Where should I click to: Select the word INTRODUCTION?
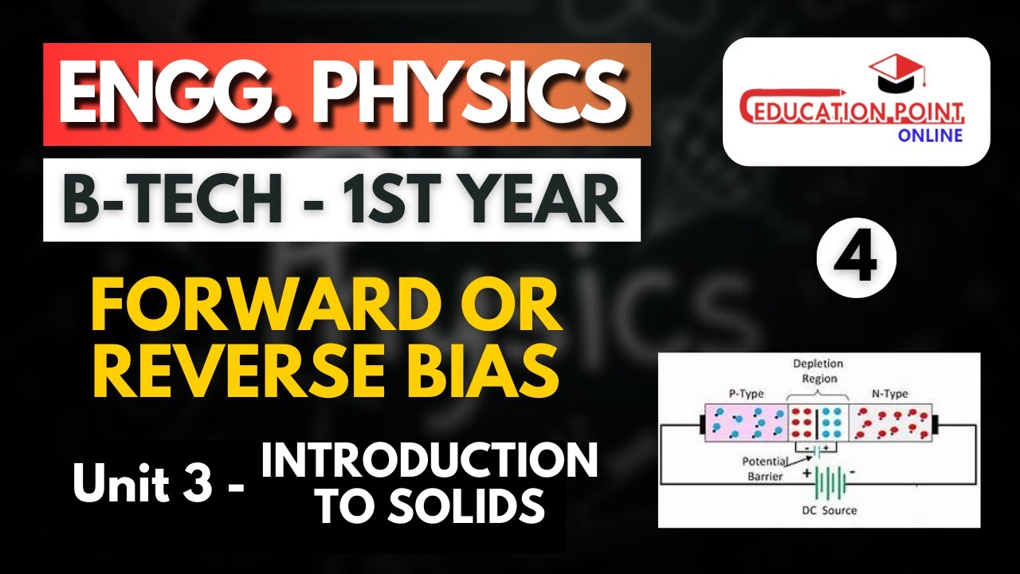click(430, 462)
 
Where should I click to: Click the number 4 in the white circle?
click(857, 260)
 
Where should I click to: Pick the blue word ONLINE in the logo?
click(930, 135)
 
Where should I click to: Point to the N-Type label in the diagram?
click(889, 394)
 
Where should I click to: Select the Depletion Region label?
click(818, 371)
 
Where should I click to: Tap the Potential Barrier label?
click(764, 469)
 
